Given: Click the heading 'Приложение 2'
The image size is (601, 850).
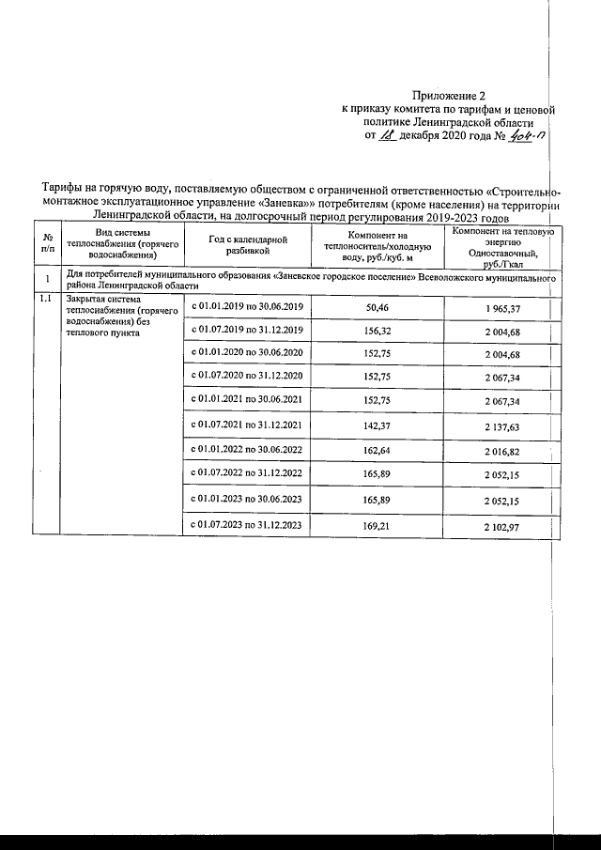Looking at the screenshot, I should pos(451,95).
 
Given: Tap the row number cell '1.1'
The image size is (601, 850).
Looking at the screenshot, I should pos(44,299).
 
